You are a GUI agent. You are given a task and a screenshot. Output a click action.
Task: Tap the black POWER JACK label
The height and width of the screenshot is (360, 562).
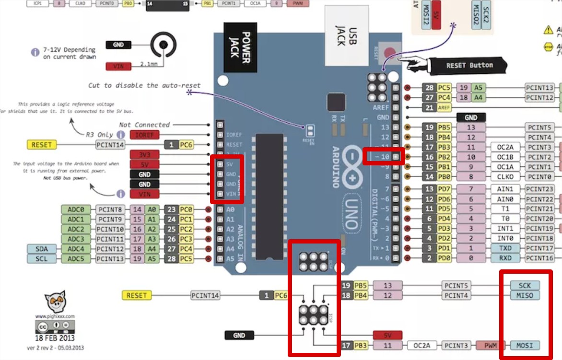tap(239, 47)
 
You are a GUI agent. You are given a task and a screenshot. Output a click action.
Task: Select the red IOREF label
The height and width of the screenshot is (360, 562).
tap(144, 135)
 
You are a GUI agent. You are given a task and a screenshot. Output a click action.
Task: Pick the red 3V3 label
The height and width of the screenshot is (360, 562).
tap(144, 154)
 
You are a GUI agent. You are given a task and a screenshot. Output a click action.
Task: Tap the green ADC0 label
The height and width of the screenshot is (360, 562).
tap(76, 209)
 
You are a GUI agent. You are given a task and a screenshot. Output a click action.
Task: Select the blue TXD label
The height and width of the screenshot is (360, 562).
tap(505, 248)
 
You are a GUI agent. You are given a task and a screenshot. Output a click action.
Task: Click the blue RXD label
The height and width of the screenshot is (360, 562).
tap(505, 258)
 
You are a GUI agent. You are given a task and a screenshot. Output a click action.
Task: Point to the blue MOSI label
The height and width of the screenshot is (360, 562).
tap(525, 345)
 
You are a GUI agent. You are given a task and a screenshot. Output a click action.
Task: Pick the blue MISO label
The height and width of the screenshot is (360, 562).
tap(525, 295)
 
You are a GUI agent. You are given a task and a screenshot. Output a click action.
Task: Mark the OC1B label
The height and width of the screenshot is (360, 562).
tap(505, 157)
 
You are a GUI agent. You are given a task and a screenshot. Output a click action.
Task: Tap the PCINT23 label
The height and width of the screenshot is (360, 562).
tap(540, 189)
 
